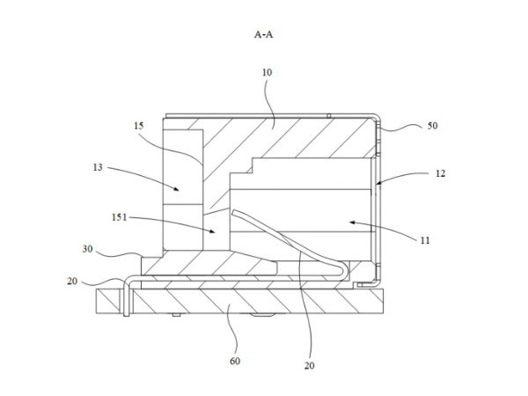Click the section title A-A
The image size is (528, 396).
point(264,35)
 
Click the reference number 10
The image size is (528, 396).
point(267,73)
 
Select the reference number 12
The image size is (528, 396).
point(439,174)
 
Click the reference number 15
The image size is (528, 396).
point(139,128)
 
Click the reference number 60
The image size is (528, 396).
point(235,361)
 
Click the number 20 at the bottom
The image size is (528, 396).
point(310,366)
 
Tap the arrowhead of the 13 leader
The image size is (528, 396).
point(170,188)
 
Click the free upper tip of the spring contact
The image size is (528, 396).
point(233,210)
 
